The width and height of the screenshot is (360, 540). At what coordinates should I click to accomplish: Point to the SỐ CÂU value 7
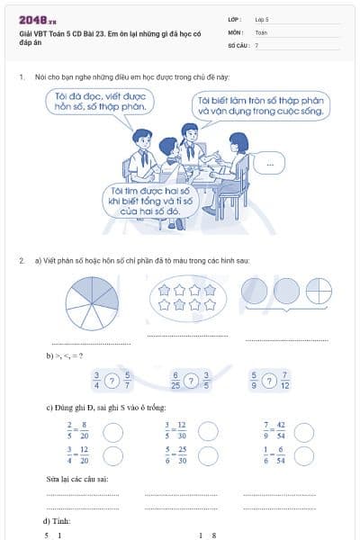[x=256, y=44]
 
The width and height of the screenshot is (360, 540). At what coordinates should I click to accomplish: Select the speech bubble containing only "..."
[x=269, y=163]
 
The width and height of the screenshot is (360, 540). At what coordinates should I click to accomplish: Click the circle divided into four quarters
[x=319, y=291]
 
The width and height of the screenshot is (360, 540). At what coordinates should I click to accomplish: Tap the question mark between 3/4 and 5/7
[x=112, y=381]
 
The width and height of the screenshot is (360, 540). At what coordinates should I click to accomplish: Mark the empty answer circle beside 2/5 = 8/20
[x=113, y=432]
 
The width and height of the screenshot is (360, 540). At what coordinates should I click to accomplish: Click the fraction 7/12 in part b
[x=284, y=381]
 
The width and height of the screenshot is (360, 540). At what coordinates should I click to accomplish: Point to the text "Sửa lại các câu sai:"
[x=77, y=479]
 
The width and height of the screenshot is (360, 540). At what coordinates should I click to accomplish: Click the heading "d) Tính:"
[x=57, y=521]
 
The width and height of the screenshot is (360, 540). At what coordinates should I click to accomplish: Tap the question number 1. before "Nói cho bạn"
[x=22, y=78]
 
